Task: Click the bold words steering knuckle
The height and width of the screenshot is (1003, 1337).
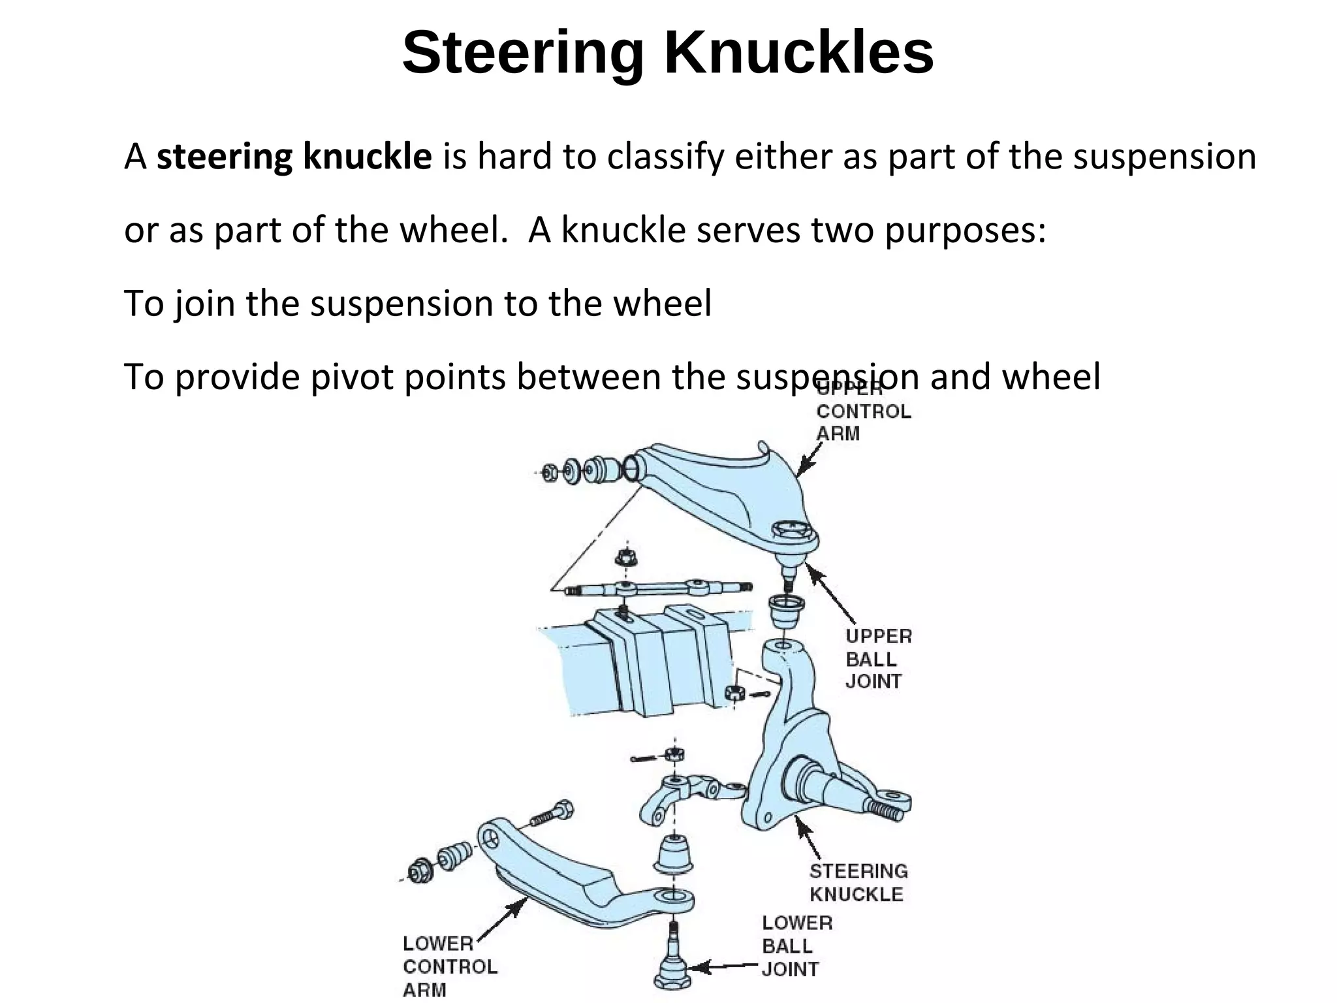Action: click(x=294, y=157)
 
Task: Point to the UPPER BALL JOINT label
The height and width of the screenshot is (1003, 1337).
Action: click(x=877, y=658)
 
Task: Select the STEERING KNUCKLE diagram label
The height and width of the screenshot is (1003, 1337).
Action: click(x=858, y=882)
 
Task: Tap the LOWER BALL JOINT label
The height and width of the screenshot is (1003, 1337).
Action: click(x=796, y=946)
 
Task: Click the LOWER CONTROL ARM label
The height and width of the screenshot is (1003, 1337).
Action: click(x=449, y=966)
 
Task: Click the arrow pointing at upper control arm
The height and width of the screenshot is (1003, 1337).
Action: click(x=810, y=459)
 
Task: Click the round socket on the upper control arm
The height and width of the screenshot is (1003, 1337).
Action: click(x=792, y=530)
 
